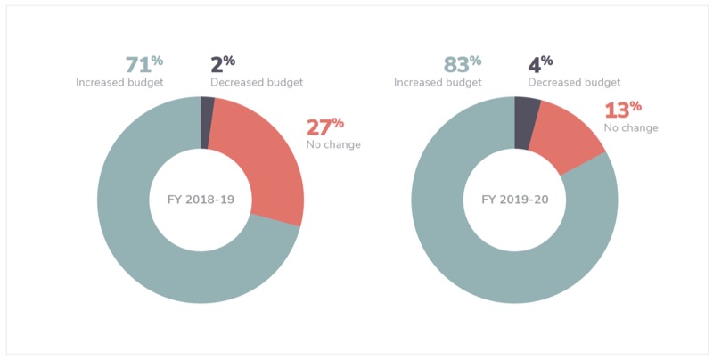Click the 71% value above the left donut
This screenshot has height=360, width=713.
tap(143, 65)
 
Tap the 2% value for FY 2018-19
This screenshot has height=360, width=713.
tap(222, 65)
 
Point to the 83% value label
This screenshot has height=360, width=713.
tap(462, 65)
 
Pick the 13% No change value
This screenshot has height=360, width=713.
tap(622, 110)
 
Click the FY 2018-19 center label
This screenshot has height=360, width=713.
tap(201, 200)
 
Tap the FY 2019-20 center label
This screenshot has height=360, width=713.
tap(516, 200)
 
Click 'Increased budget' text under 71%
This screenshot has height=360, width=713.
tap(119, 83)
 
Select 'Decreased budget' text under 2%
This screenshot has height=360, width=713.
tap(257, 83)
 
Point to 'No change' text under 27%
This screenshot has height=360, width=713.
tap(333, 144)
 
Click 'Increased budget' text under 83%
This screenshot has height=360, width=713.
tap(438, 83)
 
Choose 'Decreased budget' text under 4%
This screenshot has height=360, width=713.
tap(574, 83)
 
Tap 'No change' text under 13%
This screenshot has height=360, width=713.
tap(631, 128)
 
